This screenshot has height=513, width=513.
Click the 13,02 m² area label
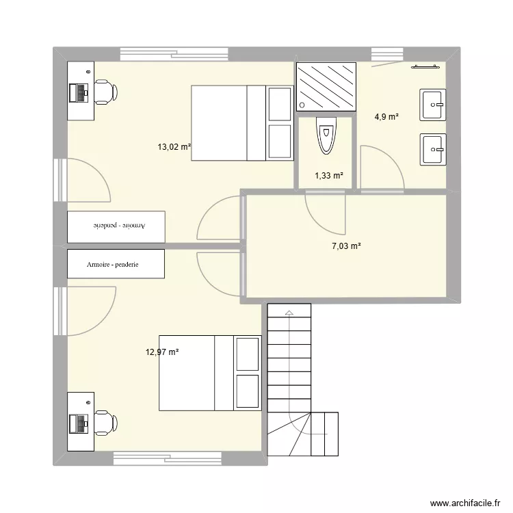tap(174, 146)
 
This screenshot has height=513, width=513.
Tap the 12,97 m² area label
tap(161, 352)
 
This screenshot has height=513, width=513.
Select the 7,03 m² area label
tap(345, 247)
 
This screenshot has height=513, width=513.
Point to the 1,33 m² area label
tap(328, 176)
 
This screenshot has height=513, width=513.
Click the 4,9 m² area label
tap(386, 117)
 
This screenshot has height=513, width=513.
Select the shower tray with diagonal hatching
tap(326, 86)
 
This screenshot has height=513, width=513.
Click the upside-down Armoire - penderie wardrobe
tap(116, 226)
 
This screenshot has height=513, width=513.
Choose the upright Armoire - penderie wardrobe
tap(116, 264)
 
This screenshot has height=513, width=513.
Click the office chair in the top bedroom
tap(105, 91)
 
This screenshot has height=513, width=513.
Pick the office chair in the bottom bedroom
tap(105, 422)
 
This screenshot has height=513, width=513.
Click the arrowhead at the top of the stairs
tap(289, 313)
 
